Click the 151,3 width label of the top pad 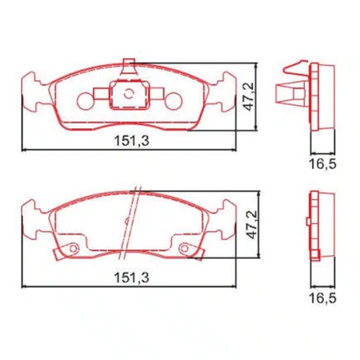coord(132,141)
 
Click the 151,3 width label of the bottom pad coord(132,277)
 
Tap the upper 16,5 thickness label coord(323,164)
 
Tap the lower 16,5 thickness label coord(323,298)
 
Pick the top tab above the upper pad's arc coord(129,66)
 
